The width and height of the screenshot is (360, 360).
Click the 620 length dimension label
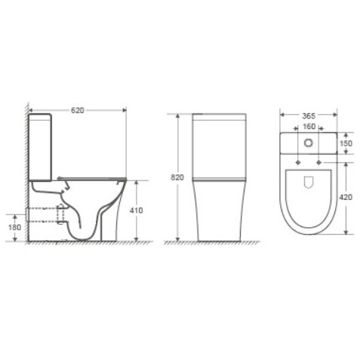point(77,110)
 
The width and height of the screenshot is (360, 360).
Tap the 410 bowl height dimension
point(136,210)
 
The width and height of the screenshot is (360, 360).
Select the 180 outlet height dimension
point(15,227)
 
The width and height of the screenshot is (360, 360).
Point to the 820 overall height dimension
point(177,177)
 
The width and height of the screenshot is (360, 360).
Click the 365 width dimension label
point(309,116)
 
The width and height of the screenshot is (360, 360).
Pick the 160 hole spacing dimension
point(309,126)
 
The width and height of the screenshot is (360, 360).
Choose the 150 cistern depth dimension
point(346,143)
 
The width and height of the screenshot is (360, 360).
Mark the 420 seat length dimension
point(346,198)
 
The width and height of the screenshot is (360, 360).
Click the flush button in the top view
point(309,143)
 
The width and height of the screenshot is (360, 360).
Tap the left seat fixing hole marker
point(298,162)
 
